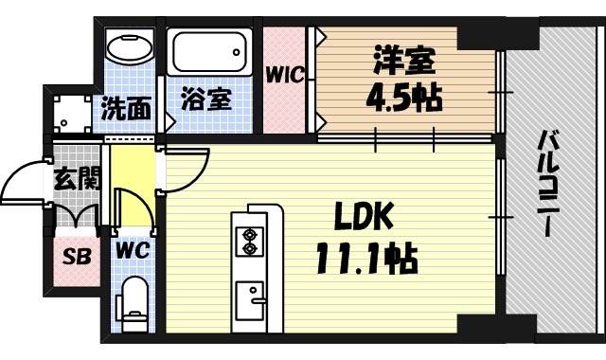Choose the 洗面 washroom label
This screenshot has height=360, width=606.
125,108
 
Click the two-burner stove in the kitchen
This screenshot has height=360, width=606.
251,241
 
